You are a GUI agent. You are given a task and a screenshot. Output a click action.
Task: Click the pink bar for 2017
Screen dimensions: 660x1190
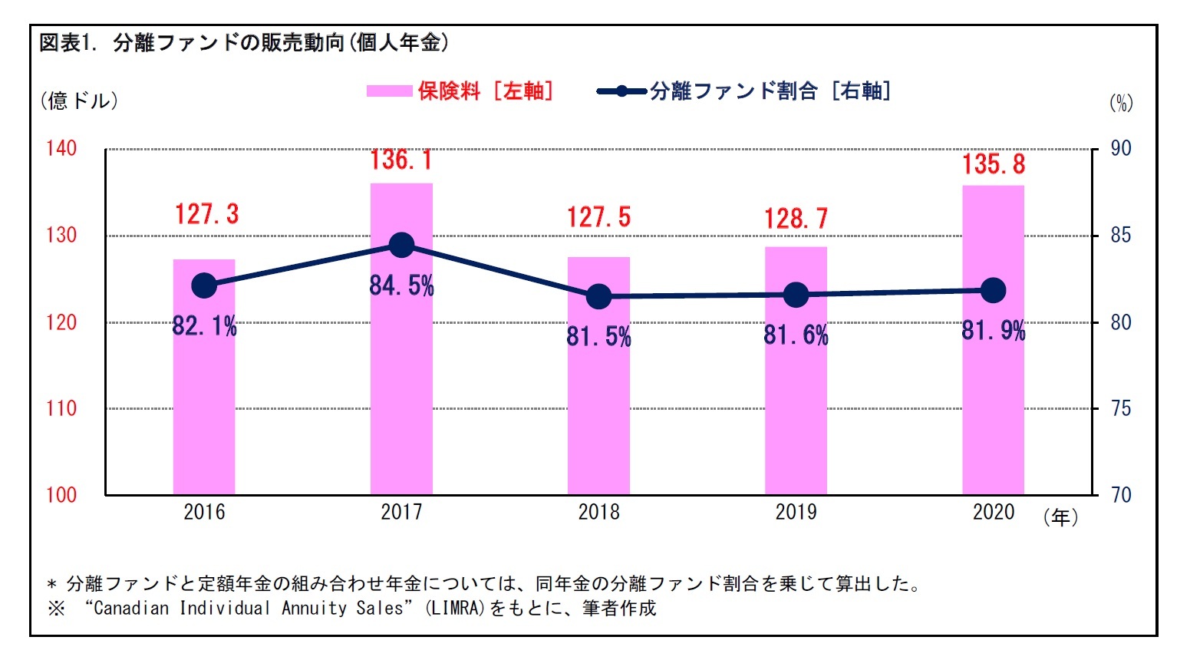[x=401, y=384]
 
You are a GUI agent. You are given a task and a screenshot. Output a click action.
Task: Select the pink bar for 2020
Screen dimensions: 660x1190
[x=993, y=399]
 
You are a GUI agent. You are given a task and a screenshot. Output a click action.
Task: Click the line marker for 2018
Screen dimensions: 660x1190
[x=598, y=296]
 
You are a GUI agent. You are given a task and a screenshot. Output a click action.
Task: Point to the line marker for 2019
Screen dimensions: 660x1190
[x=796, y=295]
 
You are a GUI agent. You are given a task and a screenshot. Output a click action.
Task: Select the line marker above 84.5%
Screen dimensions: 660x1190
[x=401, y=246]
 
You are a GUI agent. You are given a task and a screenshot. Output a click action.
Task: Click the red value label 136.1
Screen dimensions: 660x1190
[x=401, y=160]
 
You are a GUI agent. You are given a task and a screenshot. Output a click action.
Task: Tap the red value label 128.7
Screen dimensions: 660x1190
[x=796, y=219]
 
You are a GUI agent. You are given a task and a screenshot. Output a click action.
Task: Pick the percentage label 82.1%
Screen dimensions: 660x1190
[x=204, y=326]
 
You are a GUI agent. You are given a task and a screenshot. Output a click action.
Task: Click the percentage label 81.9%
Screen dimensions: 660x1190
[x=993, y=330]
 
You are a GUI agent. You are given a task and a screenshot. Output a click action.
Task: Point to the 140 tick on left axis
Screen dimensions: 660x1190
[x=61, y=148]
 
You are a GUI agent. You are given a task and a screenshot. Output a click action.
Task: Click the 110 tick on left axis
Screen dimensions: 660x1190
[x=61, y=408]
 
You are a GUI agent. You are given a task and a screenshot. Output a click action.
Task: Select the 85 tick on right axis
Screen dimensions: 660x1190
[x=1121, y=235]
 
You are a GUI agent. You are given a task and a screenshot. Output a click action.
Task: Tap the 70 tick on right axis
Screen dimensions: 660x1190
[x=1121, y=495]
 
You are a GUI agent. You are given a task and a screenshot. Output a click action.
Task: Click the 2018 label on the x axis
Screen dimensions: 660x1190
[x=598, y=512]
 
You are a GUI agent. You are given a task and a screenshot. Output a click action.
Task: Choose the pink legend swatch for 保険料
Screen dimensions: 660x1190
[x=389, y=91]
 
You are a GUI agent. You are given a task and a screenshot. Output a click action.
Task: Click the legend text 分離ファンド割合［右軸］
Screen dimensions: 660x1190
[x=770, y=91]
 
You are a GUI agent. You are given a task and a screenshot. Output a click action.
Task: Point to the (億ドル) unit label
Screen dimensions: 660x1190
[x=79, y=101]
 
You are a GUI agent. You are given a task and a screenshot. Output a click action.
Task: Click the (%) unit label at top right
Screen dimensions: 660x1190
[x=1121, y=103]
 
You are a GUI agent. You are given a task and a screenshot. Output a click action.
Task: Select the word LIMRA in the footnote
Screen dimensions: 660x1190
[x=456, y=609]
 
